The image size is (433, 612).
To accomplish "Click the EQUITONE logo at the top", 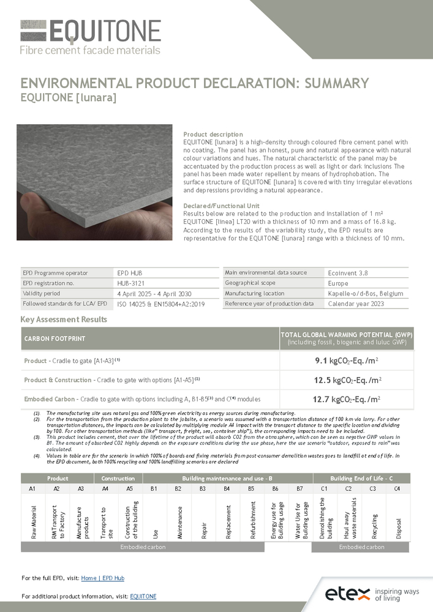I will pos(91,37).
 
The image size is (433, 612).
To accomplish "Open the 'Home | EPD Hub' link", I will pos(102,578).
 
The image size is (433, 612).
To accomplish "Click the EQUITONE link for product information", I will pos(143,596).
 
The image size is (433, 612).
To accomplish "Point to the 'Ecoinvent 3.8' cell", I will pos(347,273).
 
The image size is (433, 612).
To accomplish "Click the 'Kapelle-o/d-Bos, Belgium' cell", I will pos(366,294).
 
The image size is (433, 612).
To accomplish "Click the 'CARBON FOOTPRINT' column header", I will pos(55,338).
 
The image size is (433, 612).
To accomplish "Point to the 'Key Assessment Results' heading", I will pos(64,319).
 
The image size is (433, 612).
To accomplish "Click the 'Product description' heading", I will pos(213,135).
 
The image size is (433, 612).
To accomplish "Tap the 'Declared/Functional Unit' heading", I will pos(221,206).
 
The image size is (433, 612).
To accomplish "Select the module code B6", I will pos(275,489).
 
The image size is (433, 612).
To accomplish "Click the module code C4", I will pos(397,489).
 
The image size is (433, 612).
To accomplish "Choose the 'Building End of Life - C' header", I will pos(360,478).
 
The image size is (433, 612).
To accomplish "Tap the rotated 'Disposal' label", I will pos(398,524).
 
